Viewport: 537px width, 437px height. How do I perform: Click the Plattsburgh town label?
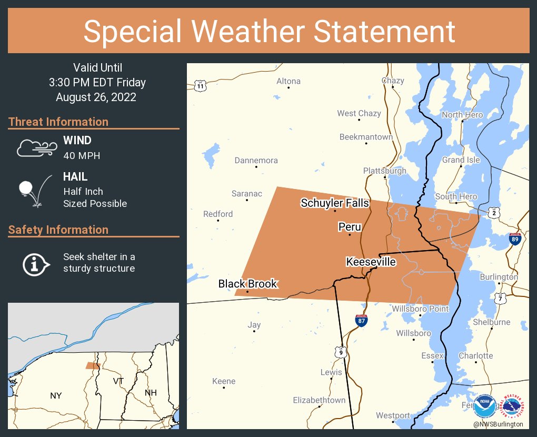[384, 171]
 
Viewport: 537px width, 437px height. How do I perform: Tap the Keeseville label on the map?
[371, 262]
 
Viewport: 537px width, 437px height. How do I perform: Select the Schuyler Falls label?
[335, 203]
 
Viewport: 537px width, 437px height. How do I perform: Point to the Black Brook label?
[247, 284]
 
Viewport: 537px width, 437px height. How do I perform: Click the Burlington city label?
[499, 277]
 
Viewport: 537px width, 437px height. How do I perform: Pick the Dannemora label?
[256, 161]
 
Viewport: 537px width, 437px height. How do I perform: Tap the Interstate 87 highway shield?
[361, 320]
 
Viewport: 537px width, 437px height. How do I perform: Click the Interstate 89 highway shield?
[515, 239]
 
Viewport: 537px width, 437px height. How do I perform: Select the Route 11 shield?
[200, 86]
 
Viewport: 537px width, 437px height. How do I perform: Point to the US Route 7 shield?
[501, 299]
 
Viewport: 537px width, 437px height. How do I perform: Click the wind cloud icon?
[36, 148]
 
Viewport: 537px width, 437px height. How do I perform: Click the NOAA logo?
[484, 406]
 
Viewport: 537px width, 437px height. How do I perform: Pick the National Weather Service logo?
[513, 406]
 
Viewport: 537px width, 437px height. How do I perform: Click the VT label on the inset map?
[118, 381]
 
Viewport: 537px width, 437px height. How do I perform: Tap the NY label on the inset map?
[56, 395]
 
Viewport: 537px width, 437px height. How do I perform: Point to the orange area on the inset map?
[93, 365]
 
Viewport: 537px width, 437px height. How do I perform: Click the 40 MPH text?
[82, 155]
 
